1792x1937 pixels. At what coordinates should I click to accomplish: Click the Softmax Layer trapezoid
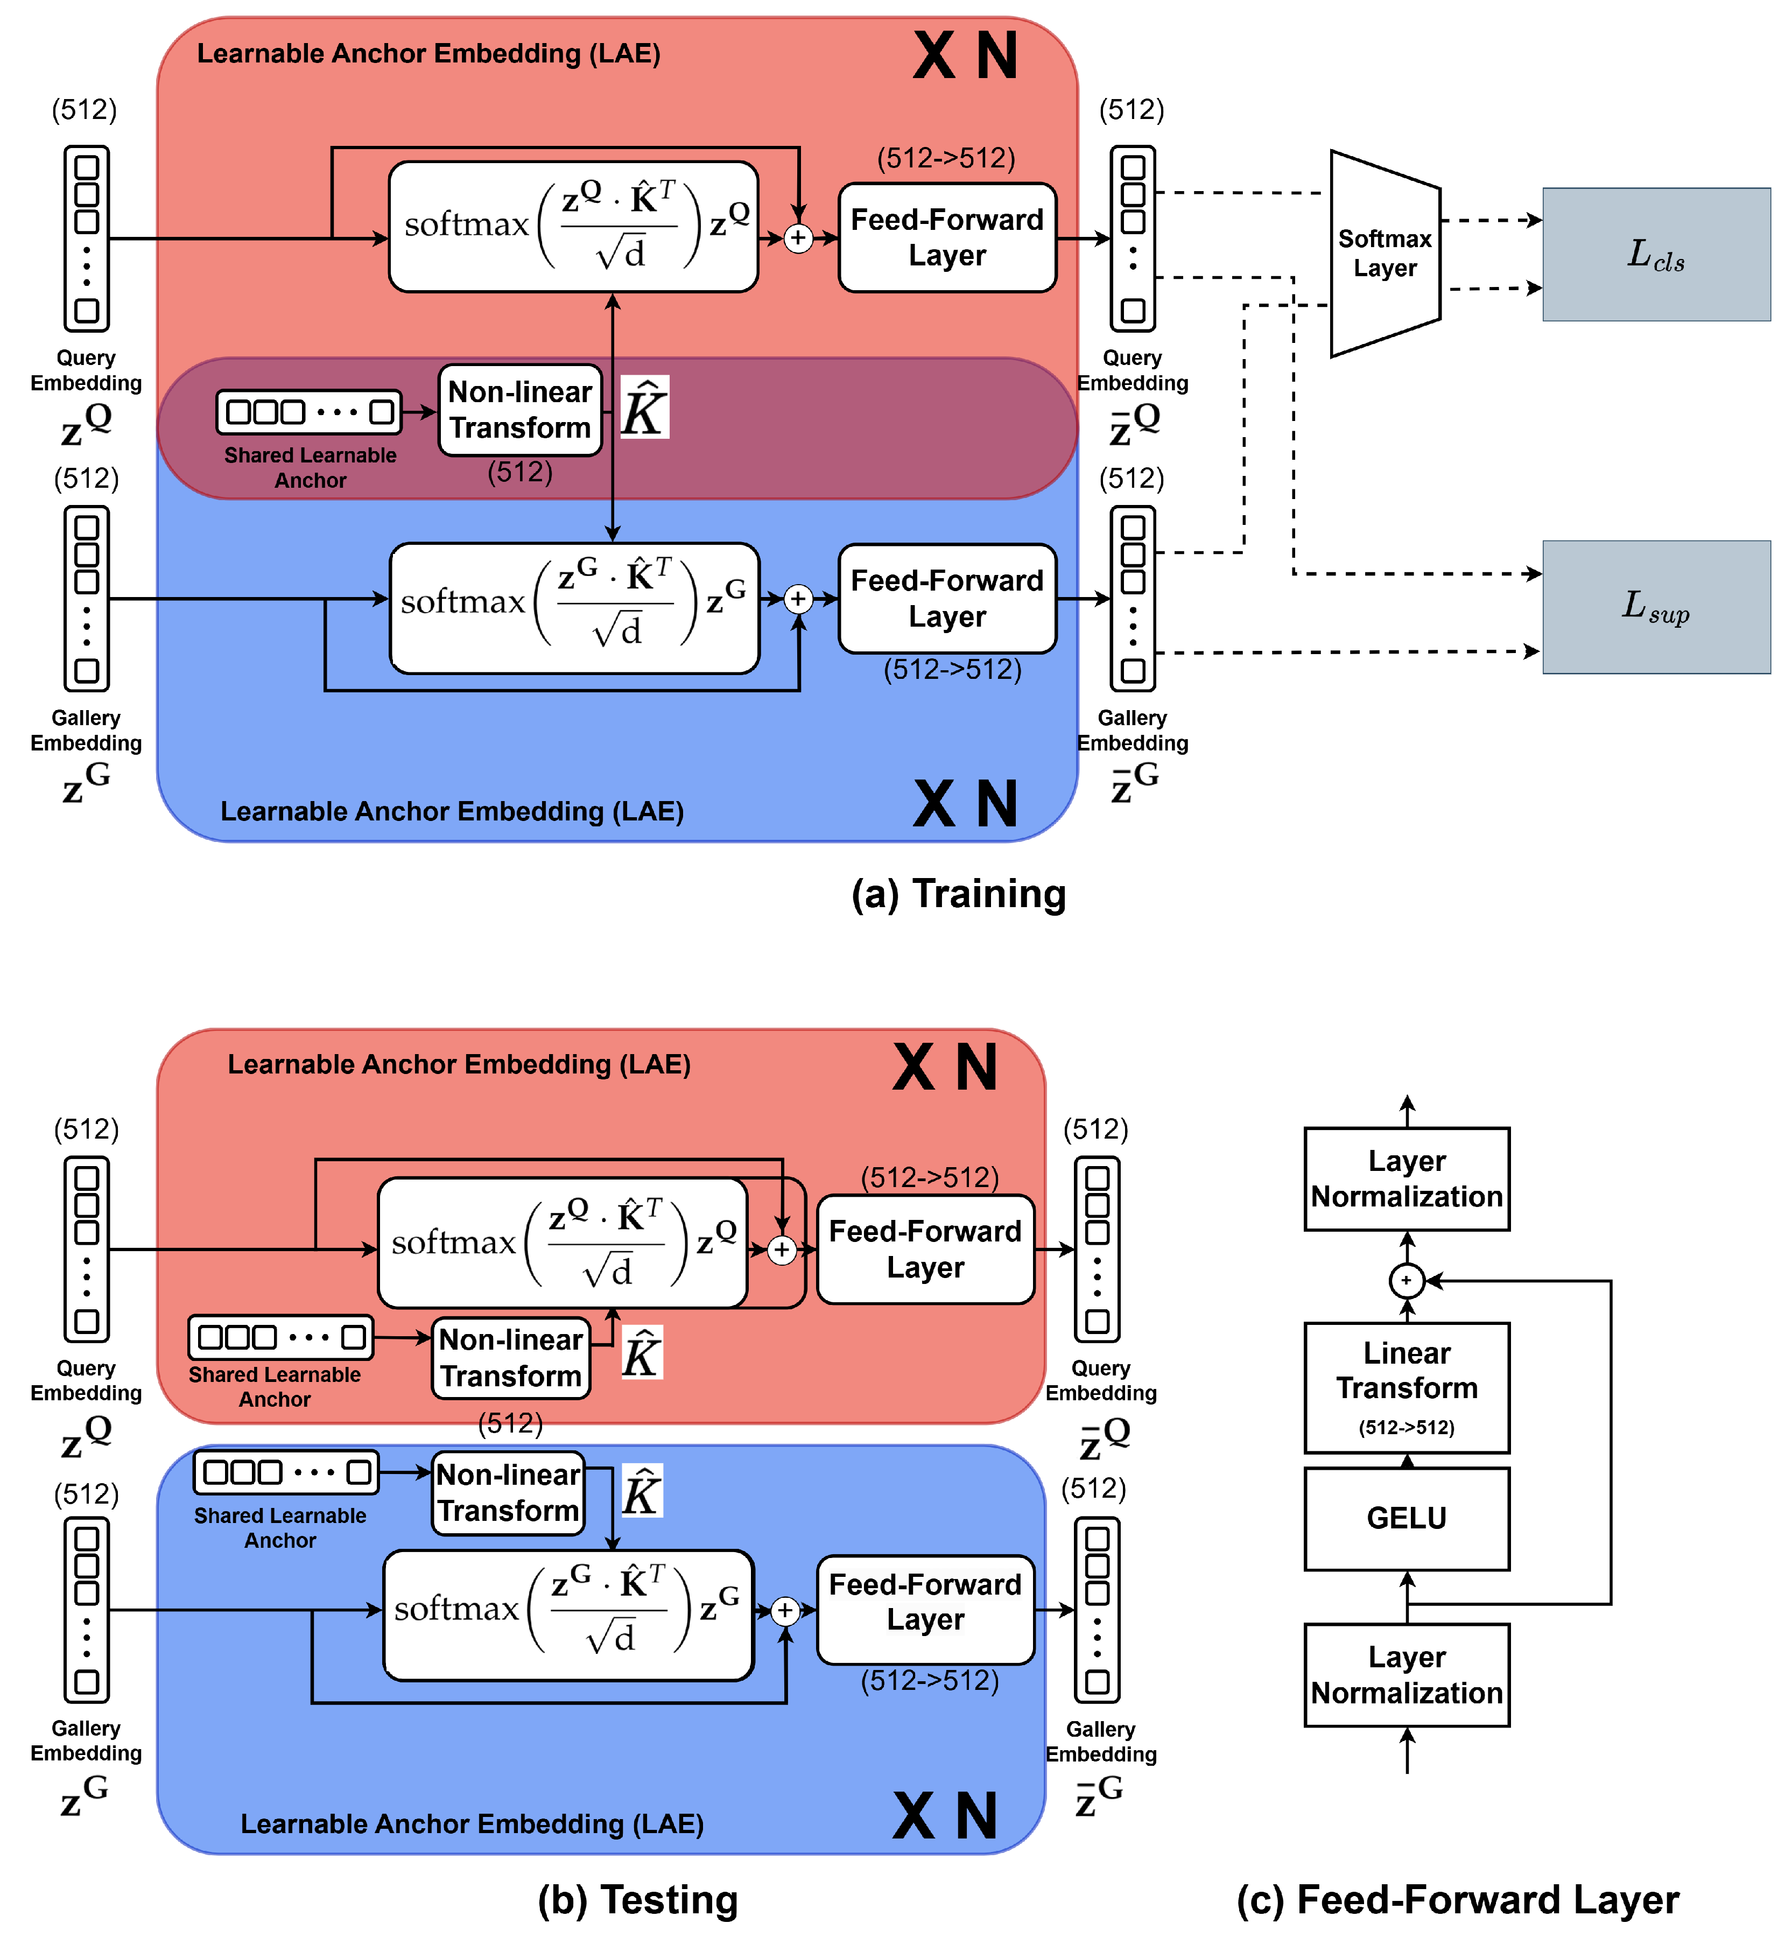(x=1385, y=254)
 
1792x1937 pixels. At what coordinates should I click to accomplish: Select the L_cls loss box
(x=1656, y=254)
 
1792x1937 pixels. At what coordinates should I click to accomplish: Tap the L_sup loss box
(x=1656, y=607)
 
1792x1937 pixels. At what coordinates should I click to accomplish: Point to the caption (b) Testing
(x=638, y=1899)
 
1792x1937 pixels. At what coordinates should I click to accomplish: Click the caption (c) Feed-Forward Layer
(x=1458, y=1899)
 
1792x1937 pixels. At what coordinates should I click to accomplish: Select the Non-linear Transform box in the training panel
(x=520, y=409)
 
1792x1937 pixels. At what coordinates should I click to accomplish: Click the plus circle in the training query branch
(x=798, y=237)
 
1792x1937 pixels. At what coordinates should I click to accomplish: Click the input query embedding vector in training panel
(x=86, y=238)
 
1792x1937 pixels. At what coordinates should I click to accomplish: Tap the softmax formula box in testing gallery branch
(x=568, y=1615)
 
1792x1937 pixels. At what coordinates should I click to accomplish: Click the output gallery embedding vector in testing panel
(x=1097, y=1610)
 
